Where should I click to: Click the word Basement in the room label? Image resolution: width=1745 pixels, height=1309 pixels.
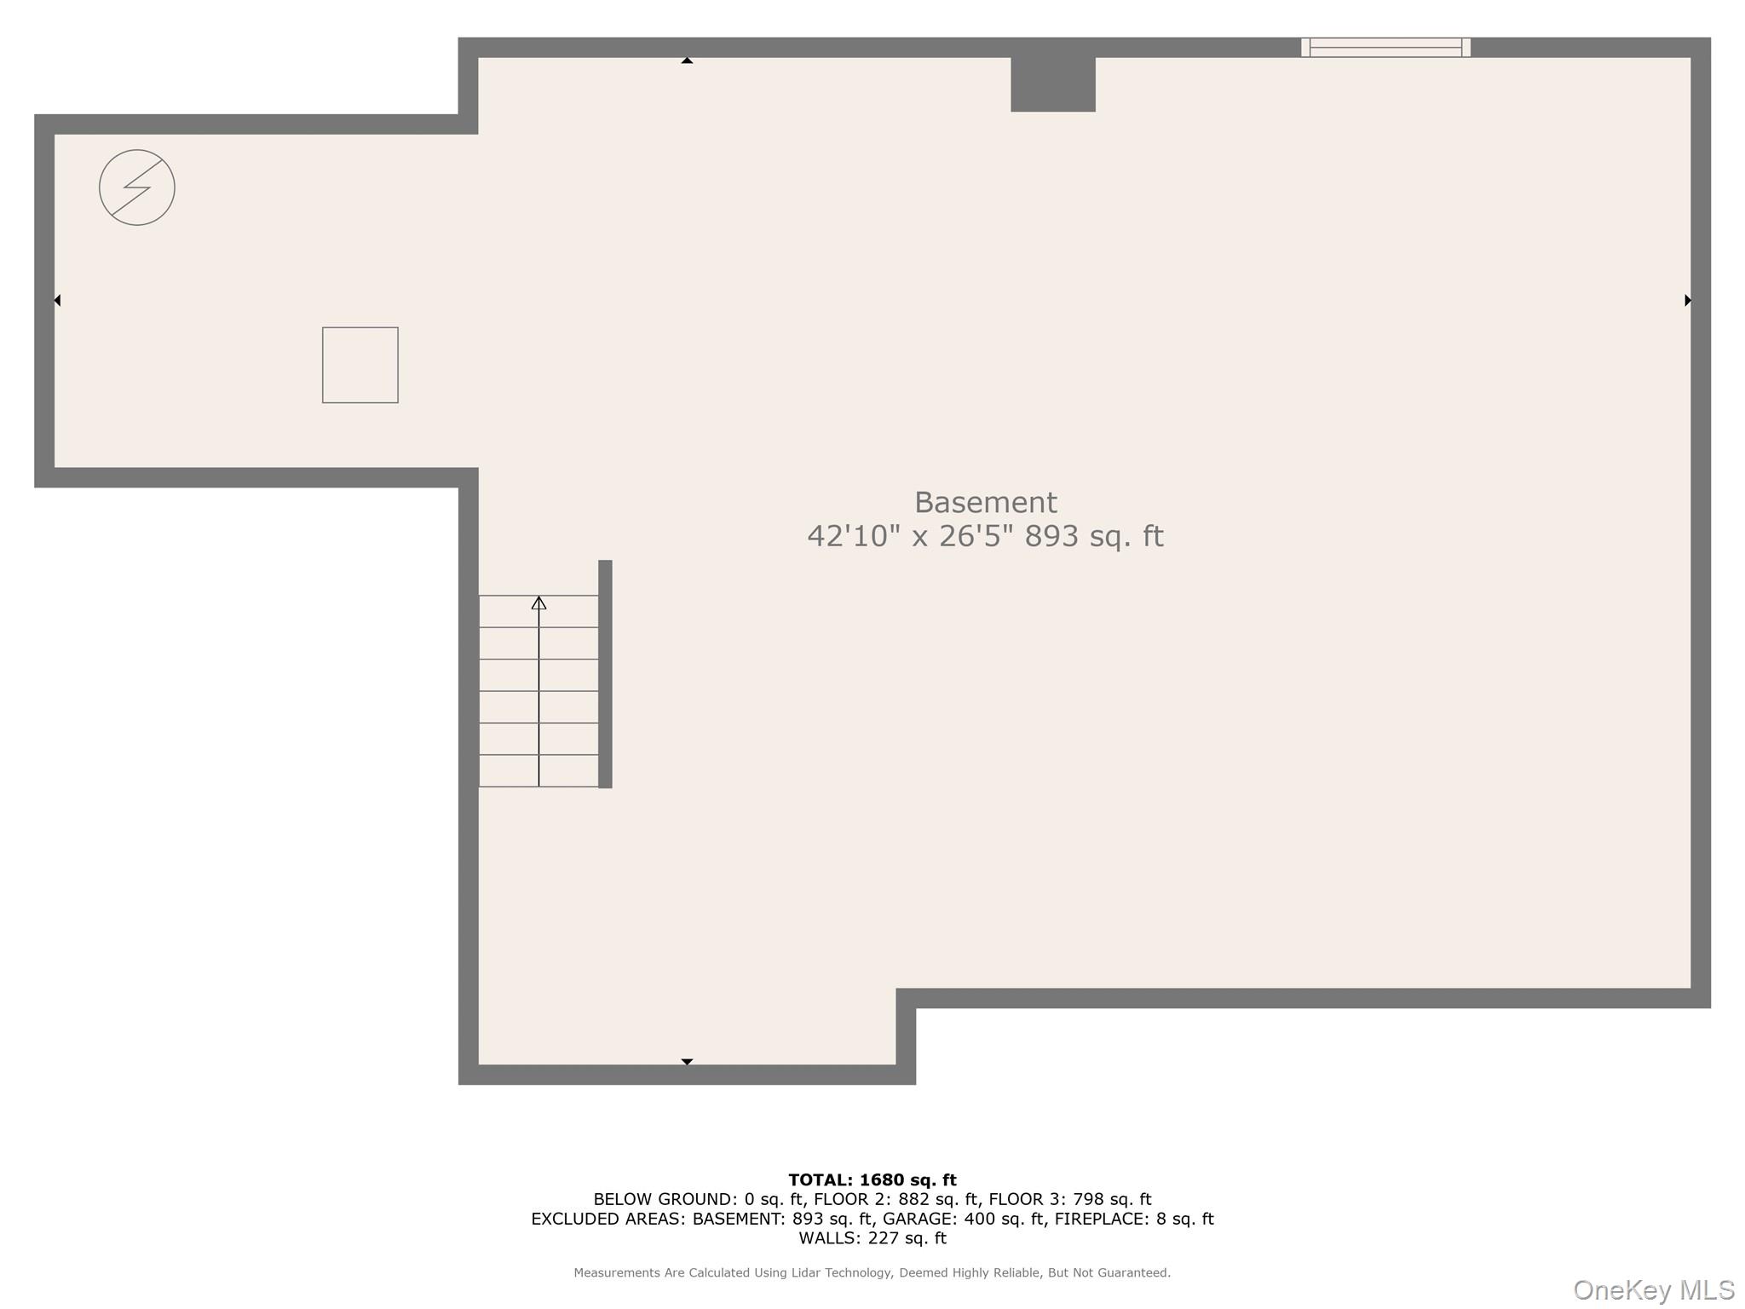[985, 502]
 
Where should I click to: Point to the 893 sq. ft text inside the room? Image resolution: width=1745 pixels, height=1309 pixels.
[1094, 536]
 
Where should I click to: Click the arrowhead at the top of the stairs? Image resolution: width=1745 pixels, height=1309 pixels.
[538, 603]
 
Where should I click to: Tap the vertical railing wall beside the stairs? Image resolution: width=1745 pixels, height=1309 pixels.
[605, 674]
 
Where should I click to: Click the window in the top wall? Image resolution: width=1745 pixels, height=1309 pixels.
[1385, 47]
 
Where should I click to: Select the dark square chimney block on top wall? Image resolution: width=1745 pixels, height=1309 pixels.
[1053, 84]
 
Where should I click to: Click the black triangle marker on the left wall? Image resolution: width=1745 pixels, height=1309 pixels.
[57, 300]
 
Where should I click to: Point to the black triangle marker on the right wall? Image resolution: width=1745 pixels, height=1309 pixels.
[1688, 300]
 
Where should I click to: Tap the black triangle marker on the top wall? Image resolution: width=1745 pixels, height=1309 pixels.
[687, 61]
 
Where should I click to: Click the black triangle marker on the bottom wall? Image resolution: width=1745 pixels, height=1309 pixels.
[687, 1062]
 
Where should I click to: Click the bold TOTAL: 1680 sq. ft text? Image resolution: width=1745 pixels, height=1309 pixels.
[872, 1180]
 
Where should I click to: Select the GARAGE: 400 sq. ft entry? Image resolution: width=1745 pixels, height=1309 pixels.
[964, 1220]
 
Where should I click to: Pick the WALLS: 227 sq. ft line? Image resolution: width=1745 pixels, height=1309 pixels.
[872, 1239]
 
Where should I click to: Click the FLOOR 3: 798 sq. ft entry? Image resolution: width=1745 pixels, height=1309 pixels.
[1070, 1200]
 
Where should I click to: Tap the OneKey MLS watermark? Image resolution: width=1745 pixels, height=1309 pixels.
[1654, 1290]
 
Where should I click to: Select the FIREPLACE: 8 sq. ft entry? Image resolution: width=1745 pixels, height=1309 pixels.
[1134, 1220]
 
